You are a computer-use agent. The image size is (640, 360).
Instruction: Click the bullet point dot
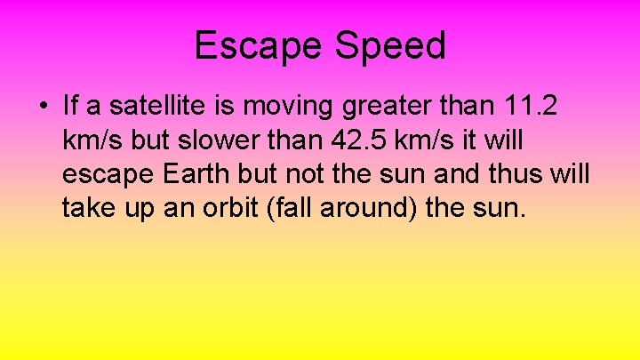click(44, 108)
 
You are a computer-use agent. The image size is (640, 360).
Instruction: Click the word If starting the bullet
click(70, 106)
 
